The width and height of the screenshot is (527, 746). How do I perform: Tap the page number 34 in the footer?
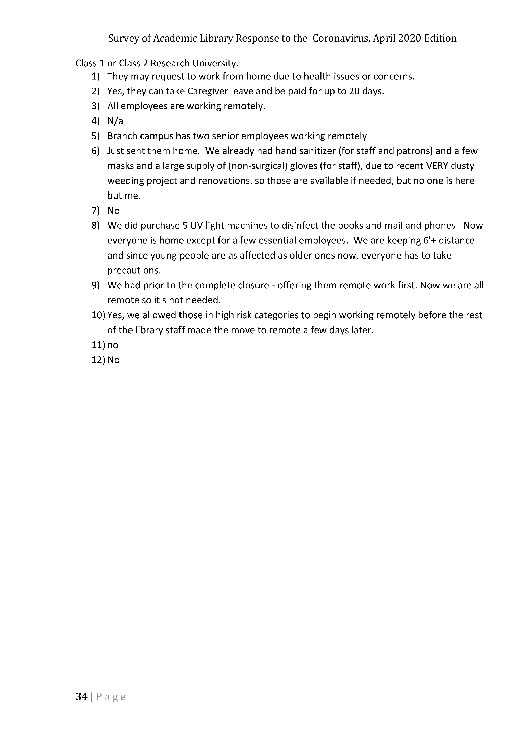click(x=81, y=696)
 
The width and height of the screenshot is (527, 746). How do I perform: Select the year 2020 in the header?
click(x=409, y=38)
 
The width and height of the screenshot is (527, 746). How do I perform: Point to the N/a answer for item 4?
click(x=115, y=121)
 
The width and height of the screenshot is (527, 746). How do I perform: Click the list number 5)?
click(x=95, y=136)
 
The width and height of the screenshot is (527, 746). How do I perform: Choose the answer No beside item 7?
click(x=113, y=211)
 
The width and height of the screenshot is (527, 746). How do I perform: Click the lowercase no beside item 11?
click(x=113, y=345)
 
